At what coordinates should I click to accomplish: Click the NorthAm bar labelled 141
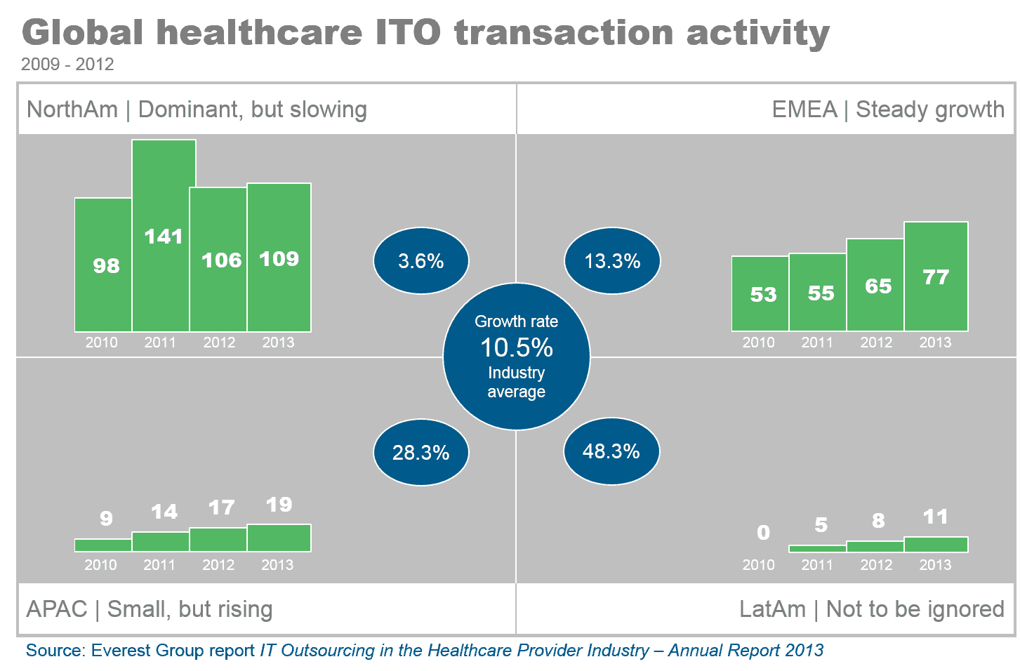point(164,236)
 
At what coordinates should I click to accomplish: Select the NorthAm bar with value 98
point(103,265)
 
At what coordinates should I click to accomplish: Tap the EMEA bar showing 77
point(936,277)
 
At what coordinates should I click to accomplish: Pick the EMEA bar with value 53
point(760,293)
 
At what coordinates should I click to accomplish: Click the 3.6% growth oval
point(421,261)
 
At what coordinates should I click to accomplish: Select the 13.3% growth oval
point(612,261)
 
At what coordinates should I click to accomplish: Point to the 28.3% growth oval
point(421,453)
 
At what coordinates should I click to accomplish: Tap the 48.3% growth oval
point(611,451)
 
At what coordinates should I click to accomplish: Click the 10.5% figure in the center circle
point(517,347)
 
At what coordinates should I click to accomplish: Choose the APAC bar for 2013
point(279,538)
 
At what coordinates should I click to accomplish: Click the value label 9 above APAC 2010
point(106,518)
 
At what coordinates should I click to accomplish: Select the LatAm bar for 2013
point(936,544)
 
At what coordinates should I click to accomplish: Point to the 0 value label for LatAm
point(764,533)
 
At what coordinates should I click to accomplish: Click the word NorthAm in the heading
point(72,109)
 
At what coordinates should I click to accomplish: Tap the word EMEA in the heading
point(804,109)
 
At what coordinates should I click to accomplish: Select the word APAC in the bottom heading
point(57,609)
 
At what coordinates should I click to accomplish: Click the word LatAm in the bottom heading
point(772,609)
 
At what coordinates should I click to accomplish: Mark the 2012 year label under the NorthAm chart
point(219,343)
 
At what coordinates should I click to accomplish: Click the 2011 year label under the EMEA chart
point(817,343)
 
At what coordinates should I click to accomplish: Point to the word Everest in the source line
point(121,651)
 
